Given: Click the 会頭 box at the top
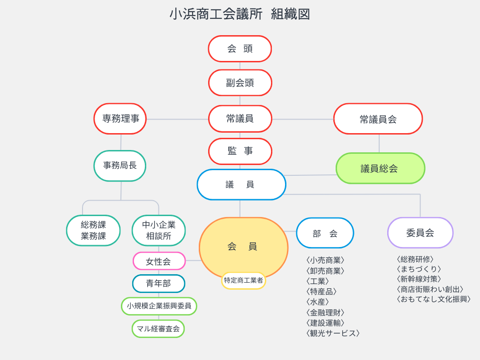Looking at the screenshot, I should pos(240,49).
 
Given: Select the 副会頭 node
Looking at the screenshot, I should pos(240,83).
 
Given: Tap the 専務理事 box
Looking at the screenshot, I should pos(120,119).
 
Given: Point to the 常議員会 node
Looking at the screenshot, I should pos(378,119).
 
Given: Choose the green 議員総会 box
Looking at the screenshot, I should pos(380,168).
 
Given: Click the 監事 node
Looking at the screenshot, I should pos(240,151).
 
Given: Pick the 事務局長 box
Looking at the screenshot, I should pos(120,165).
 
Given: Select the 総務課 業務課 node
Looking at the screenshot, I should pos(93,230).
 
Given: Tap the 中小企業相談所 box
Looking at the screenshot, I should pos(158,230).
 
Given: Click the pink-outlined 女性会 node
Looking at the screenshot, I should pos(159,262).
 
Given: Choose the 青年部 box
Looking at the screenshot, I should pos(158,284).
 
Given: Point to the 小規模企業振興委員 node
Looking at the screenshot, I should pos(159,306).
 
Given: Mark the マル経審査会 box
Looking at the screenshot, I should pos(158,329).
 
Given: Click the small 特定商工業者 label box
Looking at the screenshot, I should pos(243,280).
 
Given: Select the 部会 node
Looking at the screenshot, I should pos(325,233).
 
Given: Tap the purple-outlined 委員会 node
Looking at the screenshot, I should pos(420,232).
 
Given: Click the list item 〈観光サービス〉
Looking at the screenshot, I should pos(333,333).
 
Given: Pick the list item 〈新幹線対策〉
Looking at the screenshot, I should pos(419,279).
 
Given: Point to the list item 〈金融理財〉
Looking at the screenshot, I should pos(325,312).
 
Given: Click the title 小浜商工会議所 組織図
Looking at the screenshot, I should pos(240,14).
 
